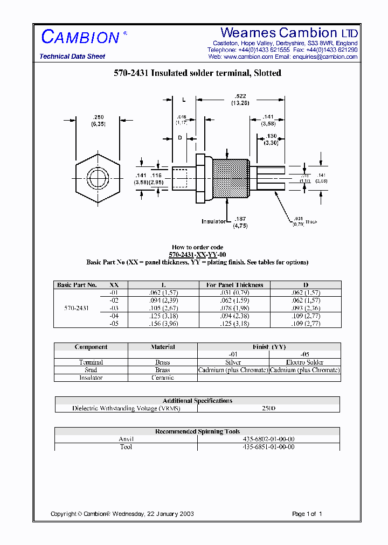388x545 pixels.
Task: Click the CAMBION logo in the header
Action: [x=81, y=37]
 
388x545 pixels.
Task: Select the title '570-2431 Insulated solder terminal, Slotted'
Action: [x=197, y=73]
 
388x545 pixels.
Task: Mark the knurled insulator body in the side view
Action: [x=231, y=177]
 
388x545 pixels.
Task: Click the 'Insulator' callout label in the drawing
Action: [x=214, y=221]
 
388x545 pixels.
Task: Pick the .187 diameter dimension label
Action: [x=240, y=219]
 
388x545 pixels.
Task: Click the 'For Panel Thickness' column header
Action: [x=235, y=285]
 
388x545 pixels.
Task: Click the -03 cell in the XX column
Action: [x=114, y=308]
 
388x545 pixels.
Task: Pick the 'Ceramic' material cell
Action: [x=163, y=378]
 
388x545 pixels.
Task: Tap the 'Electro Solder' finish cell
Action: [x=304, y=362]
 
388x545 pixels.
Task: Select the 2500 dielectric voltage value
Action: [x=268, y=408]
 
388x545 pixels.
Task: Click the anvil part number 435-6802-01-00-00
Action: [x=268, y=439]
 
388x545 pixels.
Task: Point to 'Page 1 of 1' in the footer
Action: [x=307, y=514]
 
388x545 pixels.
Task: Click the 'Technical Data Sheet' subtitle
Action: [x=72, y=57]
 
